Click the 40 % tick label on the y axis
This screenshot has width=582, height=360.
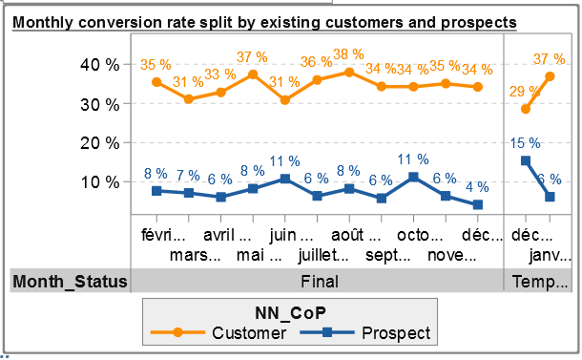tap(99, 65)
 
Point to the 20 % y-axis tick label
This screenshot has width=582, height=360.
tap(99, 143)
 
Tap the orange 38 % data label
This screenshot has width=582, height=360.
tap(348, 54)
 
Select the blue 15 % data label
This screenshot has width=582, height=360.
tap(525, 143)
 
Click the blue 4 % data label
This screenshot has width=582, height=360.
tap(477, 187)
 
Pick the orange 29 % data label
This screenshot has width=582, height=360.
tap(525, 92)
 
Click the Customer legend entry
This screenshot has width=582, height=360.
tap(218, 333)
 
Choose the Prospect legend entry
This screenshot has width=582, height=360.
tap(365, 333)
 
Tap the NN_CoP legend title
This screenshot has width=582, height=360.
tap(290, 313)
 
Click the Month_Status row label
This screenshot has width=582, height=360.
tap(70, 282)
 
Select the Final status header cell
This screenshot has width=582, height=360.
tap(320, 282)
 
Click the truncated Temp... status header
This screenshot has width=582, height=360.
tap(540, 282)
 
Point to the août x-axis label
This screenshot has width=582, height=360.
tap(356, 235)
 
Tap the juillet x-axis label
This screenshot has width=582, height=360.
tap(323, 255)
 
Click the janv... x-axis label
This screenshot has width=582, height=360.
tap(551, 256)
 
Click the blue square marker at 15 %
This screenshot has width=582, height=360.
tap(525, 160)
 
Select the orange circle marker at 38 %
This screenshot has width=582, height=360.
tap(349, 72)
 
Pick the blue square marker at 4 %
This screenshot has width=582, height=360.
tap(478, 204)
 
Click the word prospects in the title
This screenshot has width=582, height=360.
tap(478, 24)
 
